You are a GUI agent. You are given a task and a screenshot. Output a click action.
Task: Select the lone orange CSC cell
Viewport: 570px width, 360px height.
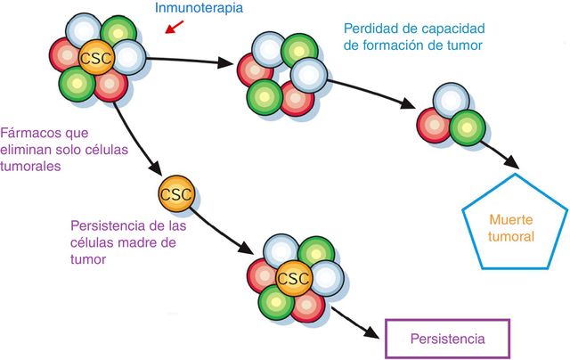174,192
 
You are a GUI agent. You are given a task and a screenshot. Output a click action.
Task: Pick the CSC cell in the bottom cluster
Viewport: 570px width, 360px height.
290,279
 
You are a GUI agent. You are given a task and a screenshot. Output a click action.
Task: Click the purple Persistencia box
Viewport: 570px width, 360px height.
448,339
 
